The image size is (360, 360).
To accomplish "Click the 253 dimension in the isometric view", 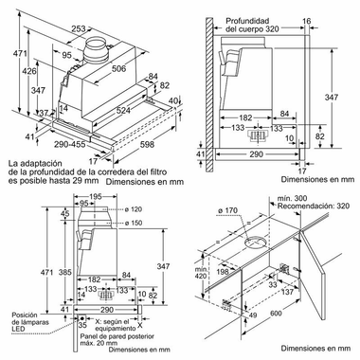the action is pos(79,28).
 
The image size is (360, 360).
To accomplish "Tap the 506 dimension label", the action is pos(119,68).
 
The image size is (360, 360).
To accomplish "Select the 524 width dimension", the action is pos(123,110).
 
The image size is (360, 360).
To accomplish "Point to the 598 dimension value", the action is pos(147,144).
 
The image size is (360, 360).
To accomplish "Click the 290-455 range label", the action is pos(69,144).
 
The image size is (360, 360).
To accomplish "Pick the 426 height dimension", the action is pos(29,71).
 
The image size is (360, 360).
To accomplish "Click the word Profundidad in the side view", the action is pos(247,21).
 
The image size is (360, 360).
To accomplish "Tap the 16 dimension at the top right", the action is pos(307,21).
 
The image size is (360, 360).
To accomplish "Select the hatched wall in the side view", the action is pos(209,95).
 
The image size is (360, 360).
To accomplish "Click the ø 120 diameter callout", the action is pos(133,209).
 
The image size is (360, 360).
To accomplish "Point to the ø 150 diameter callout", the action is pos(133,223).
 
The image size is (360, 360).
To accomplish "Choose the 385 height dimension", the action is pos(64,272).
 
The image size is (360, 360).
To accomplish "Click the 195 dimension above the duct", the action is pos(95,197).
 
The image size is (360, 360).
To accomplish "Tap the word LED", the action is pos(18,329).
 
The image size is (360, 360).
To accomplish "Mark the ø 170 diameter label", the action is pos(227,210).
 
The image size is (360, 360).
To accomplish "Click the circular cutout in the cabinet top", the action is pos(256,243).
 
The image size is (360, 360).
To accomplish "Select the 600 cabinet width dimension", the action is pos(276,313).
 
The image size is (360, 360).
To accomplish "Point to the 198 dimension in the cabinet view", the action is pos(223,271).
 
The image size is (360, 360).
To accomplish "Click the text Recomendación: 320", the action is pos(314,206).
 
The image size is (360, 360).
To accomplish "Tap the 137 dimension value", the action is pos(287,292).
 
